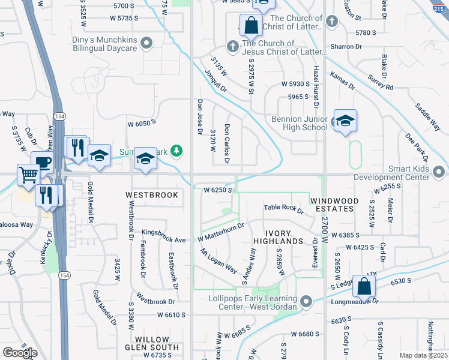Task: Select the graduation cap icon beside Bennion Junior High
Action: click(x=345, y=121)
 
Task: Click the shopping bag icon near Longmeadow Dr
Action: click(x=364, y=286)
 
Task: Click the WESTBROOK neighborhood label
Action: click(x=152, y=195)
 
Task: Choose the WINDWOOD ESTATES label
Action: click(x=334, y=205)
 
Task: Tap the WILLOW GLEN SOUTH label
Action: click(x=152, y=343)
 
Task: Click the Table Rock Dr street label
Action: click(x=284, y=209)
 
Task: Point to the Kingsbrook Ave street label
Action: click(x=164, y=235)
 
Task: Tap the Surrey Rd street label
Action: click(x=382, y=82)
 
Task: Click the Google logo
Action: click(x=20, y=352)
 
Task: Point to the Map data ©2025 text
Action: click(x=423, y=355)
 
